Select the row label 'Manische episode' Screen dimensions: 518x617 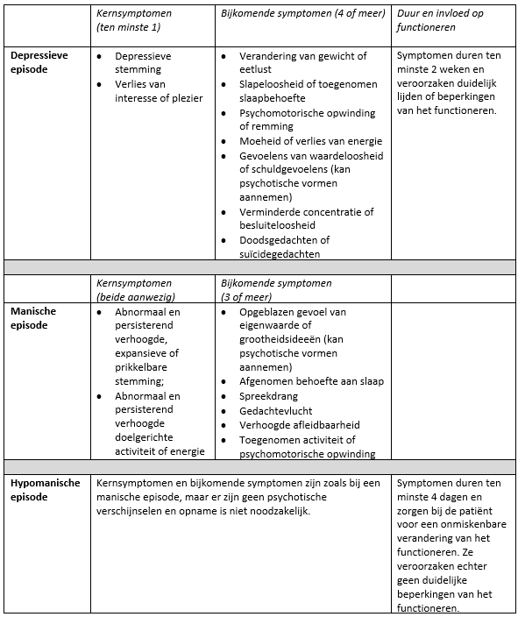pyautogui.click(x=32, y=318)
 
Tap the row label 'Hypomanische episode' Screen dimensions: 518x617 pyautogui.click(x=45, y=490)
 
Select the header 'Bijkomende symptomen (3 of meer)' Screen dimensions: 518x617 pyautogui.click(x=276, y=290)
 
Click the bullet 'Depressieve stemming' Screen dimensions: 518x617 pyautogui.click(x=143, y=63)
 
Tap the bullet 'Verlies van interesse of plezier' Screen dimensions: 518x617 pyautogui.click(x=158, y=91)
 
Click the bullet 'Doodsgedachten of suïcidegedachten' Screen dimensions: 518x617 pyautogui.click(x=285, y=247)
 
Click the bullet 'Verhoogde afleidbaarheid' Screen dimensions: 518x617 pyautogui.click(x=300, y=425)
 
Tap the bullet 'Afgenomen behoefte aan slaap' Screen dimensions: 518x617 pyautogui.click(x=311, y=382)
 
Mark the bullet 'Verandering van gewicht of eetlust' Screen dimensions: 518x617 pyautogui.click(x=302, y=63)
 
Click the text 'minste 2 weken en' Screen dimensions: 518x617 pyautogui.click(x=442, y=69)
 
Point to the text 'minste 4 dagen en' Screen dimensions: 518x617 pyautogui.click(x=442, y=497)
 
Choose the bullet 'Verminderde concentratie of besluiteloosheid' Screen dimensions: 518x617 pyautogui.click(x=306, y=219)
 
